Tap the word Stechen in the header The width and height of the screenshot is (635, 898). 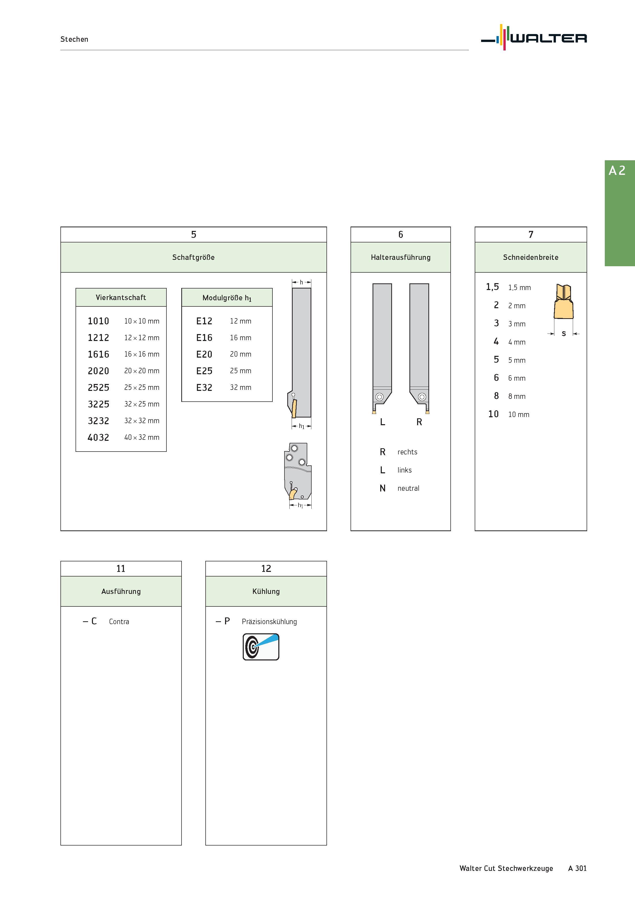[x=74, y=39]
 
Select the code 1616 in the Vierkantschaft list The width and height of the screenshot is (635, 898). [x=98, y=354]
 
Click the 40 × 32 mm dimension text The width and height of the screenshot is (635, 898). [x=142, y=437]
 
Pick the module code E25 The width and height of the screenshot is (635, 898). [x=204, y=371]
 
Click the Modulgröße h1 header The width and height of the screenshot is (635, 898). [x=227, y=298]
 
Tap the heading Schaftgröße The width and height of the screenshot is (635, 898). [x=193, y=257]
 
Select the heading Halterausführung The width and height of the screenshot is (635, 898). [x=401, y=257]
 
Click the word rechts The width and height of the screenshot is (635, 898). [x=407, y=452]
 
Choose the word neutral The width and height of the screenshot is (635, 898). [x=408, y=488]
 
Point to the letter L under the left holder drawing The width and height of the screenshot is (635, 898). [x=383, y=422]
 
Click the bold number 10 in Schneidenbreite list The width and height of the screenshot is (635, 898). [x=493, y=414]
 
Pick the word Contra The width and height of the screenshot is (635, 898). [x=119, y=622]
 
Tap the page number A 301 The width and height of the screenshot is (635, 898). [x=577, y=868]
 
